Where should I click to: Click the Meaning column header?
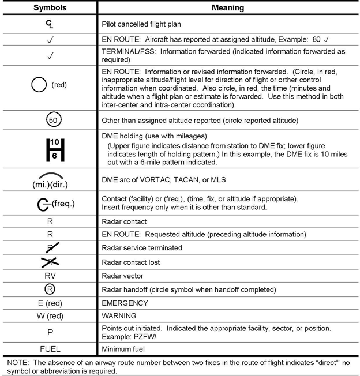228,8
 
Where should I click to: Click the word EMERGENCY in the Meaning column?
125,303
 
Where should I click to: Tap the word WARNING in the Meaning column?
119,315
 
